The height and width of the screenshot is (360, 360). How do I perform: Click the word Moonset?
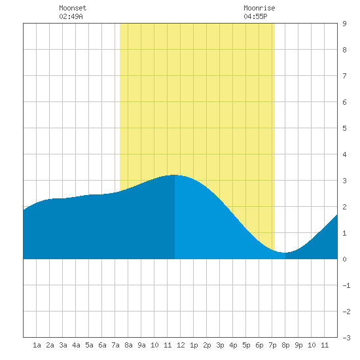tap(73, 8)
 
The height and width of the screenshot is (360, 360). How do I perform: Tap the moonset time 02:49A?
tap(71, 16)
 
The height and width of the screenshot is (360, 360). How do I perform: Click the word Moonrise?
tap(259, 8)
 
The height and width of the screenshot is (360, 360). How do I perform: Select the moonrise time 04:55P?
tap(255, 16)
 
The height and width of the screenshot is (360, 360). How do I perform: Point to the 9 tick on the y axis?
tap(344, 24)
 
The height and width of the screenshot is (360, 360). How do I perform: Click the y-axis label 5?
tap(344, 128)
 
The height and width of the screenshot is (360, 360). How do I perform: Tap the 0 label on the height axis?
tap(344, 259)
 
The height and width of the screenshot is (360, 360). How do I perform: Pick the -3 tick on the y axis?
tap(346, 338)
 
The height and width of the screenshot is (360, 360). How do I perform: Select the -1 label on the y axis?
tap(346, 285)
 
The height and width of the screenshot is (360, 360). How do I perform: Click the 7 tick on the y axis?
tap(344, 76)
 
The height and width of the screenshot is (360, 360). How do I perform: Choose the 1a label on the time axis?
tap(37, 345)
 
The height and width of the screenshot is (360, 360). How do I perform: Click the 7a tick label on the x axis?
tap(115, 345)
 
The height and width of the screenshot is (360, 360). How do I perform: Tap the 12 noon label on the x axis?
tap(181, 345)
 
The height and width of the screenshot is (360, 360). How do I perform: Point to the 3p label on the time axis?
tap(220, 345)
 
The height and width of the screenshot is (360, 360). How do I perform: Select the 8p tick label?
tap(285, 345)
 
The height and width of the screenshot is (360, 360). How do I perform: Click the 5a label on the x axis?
tap(89, 345)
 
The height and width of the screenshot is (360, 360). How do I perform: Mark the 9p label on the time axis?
tap(298, 345)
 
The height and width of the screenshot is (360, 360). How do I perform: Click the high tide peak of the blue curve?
tap(174, 175)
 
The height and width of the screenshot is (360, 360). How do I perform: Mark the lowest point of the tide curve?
tap(285, 253)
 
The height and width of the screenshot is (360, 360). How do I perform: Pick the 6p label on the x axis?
tap(259, 345)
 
